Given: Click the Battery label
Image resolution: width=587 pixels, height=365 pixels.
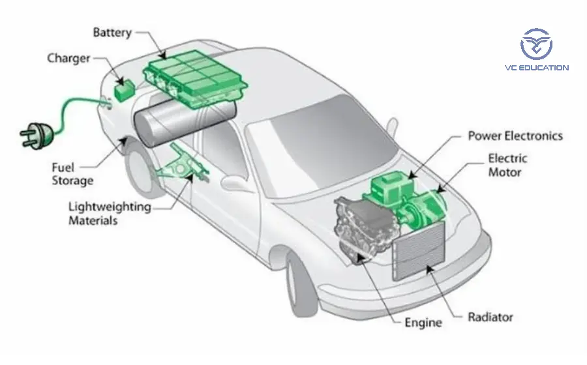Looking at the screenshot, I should click(x=112, y=32).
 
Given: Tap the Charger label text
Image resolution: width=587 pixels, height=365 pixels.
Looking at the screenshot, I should click(x=68, y=59).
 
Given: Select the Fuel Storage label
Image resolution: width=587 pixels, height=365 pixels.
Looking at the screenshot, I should click(x=72, y=174).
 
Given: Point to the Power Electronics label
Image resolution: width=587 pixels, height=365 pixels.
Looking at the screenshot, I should click(x=515, y=136).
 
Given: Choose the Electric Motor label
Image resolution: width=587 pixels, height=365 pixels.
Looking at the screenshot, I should click(x=508, y=165).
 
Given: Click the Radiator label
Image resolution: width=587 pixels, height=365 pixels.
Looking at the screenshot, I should click(x=490, y=317).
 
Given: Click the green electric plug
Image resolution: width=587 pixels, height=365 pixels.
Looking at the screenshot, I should click(x=37, y=134).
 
